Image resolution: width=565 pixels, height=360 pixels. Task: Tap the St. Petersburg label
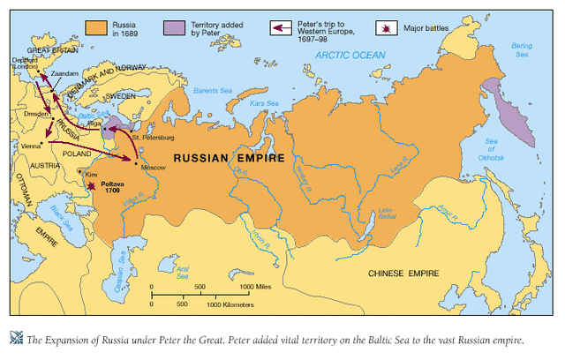tap(154, 139)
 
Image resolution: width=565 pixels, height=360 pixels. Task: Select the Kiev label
tap(92, 176)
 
